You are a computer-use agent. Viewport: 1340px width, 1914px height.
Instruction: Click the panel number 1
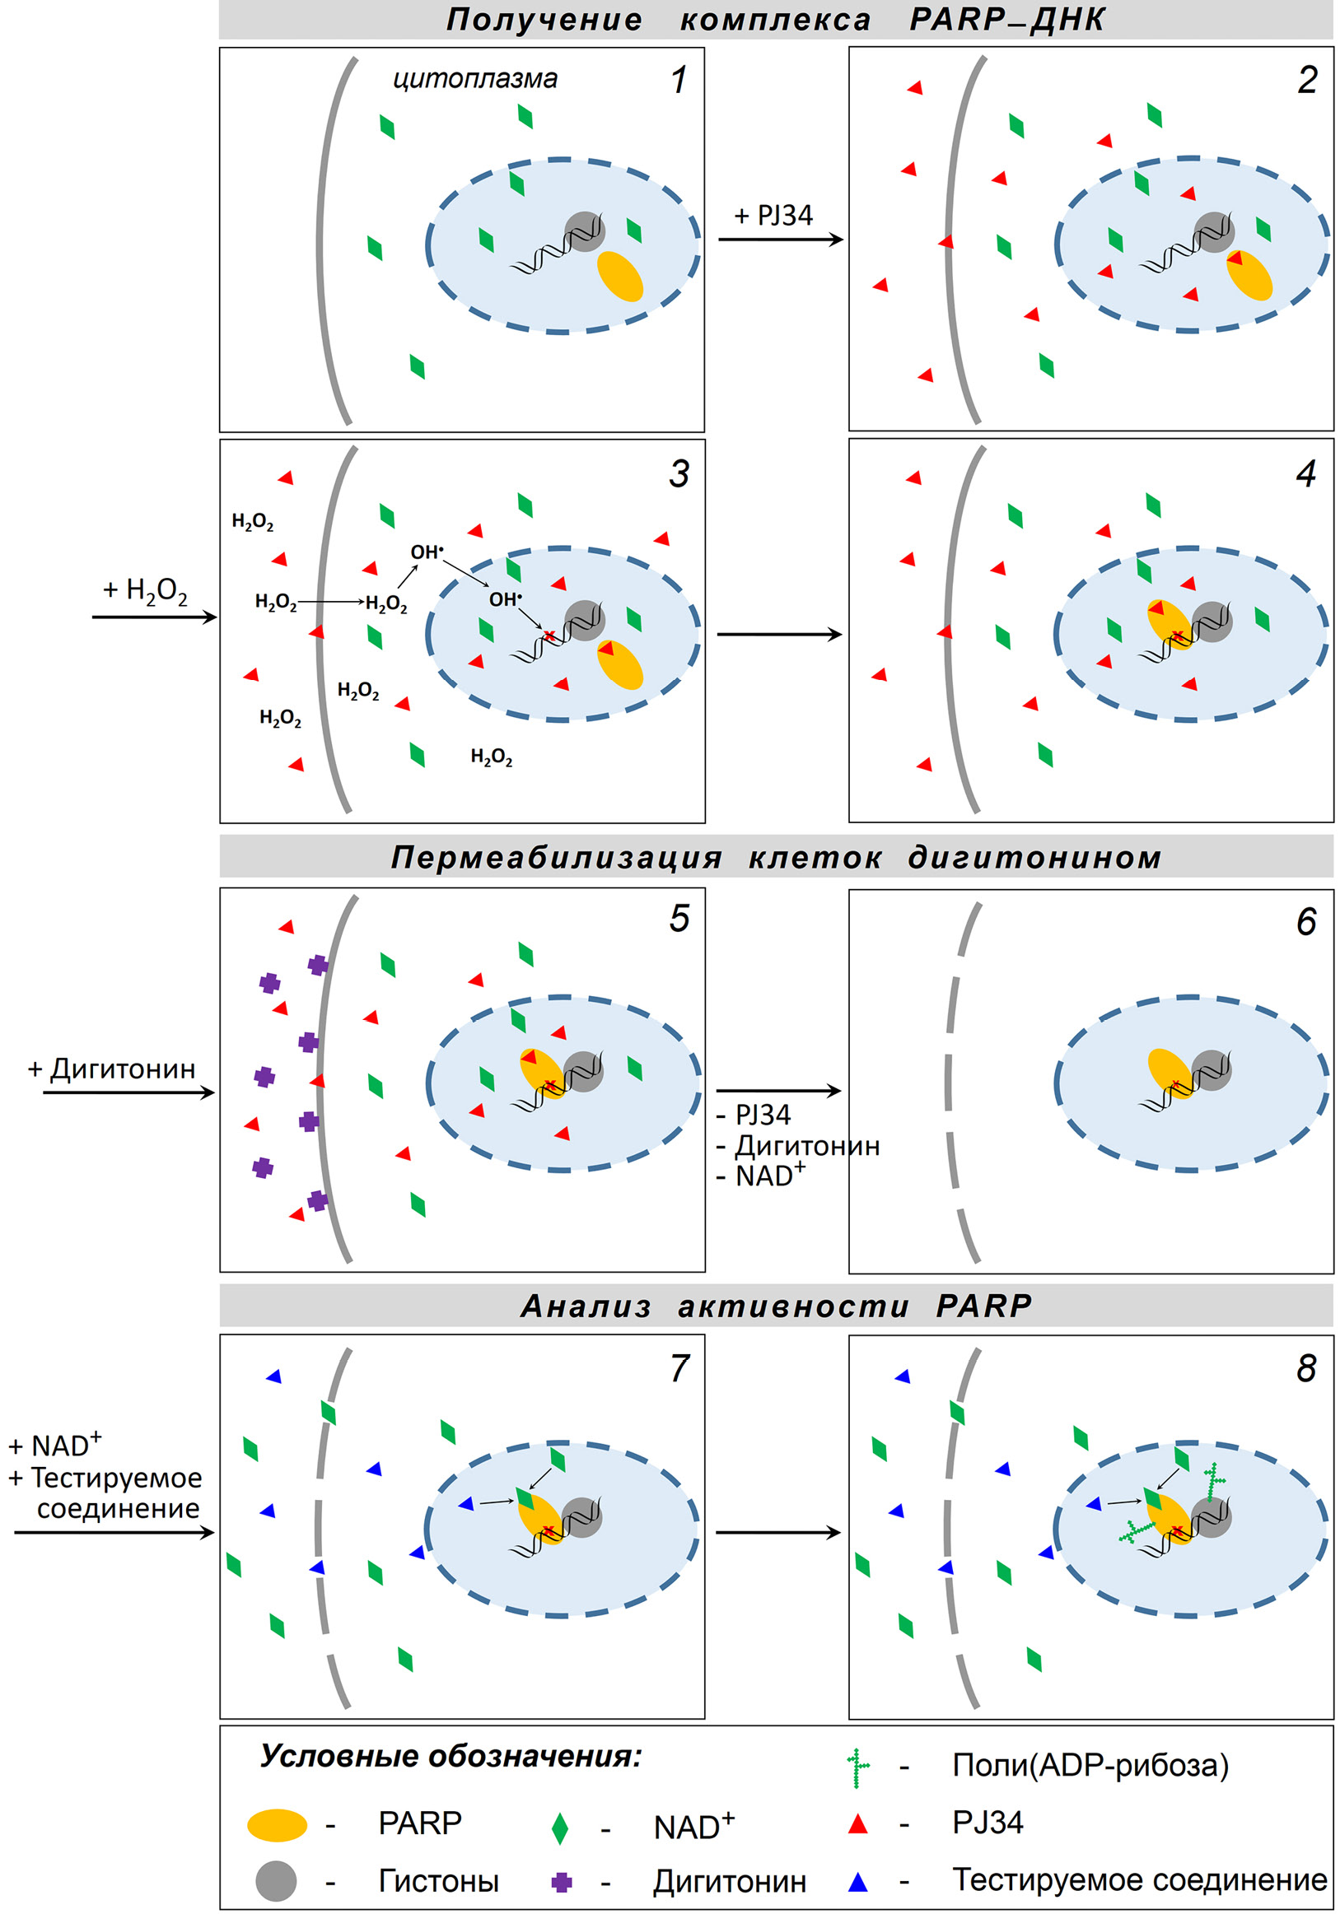pyautogui.click(x=679, y=81)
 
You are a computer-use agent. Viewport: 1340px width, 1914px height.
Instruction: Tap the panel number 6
pyautogui.click(x=1305, y=922)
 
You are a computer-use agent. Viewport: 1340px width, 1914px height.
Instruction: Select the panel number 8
pyautogui.click(x=1305, y=1369)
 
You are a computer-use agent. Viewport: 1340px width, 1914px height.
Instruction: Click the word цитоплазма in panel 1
pyautogui.click(x=474, y=79)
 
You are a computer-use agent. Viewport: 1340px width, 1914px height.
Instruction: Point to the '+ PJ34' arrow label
pyautogui.click(x=773, y=216)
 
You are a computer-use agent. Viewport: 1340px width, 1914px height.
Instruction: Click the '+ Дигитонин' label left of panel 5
pyautogui.click(x=112, y=1069)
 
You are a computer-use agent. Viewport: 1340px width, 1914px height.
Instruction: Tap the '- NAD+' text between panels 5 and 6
pyautogui.click(x=760, y=1176)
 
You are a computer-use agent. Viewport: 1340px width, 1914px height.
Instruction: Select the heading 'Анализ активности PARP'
pyautogui.click(x=776, y=1306)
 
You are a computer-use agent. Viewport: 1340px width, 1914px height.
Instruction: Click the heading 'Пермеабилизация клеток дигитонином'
pyautogui.click(x=776, y=858)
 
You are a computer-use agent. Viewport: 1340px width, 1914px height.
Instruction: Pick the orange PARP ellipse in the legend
pyautogui.click(x=277, y=1825)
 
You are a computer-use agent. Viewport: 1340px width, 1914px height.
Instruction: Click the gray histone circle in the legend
pyautogui.click(x=276, y=1880)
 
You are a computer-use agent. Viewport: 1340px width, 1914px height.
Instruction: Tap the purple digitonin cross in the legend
pyautogui.click(x=562, y=1882)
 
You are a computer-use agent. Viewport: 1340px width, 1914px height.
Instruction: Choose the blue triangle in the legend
pyautogui.click(x=857, y=1882)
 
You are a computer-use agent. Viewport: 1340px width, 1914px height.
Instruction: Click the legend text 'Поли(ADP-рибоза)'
pyautogui.click(x=1090, y=1766)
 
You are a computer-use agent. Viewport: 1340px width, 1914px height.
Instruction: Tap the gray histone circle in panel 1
pyautogui.click(x=585, y=231)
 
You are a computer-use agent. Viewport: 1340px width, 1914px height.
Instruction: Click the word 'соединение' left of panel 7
pyautogui.click(x=118, y=1508)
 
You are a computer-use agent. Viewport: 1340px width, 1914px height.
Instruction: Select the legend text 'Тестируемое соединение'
pyautogui.click(x=1139, y=1879)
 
